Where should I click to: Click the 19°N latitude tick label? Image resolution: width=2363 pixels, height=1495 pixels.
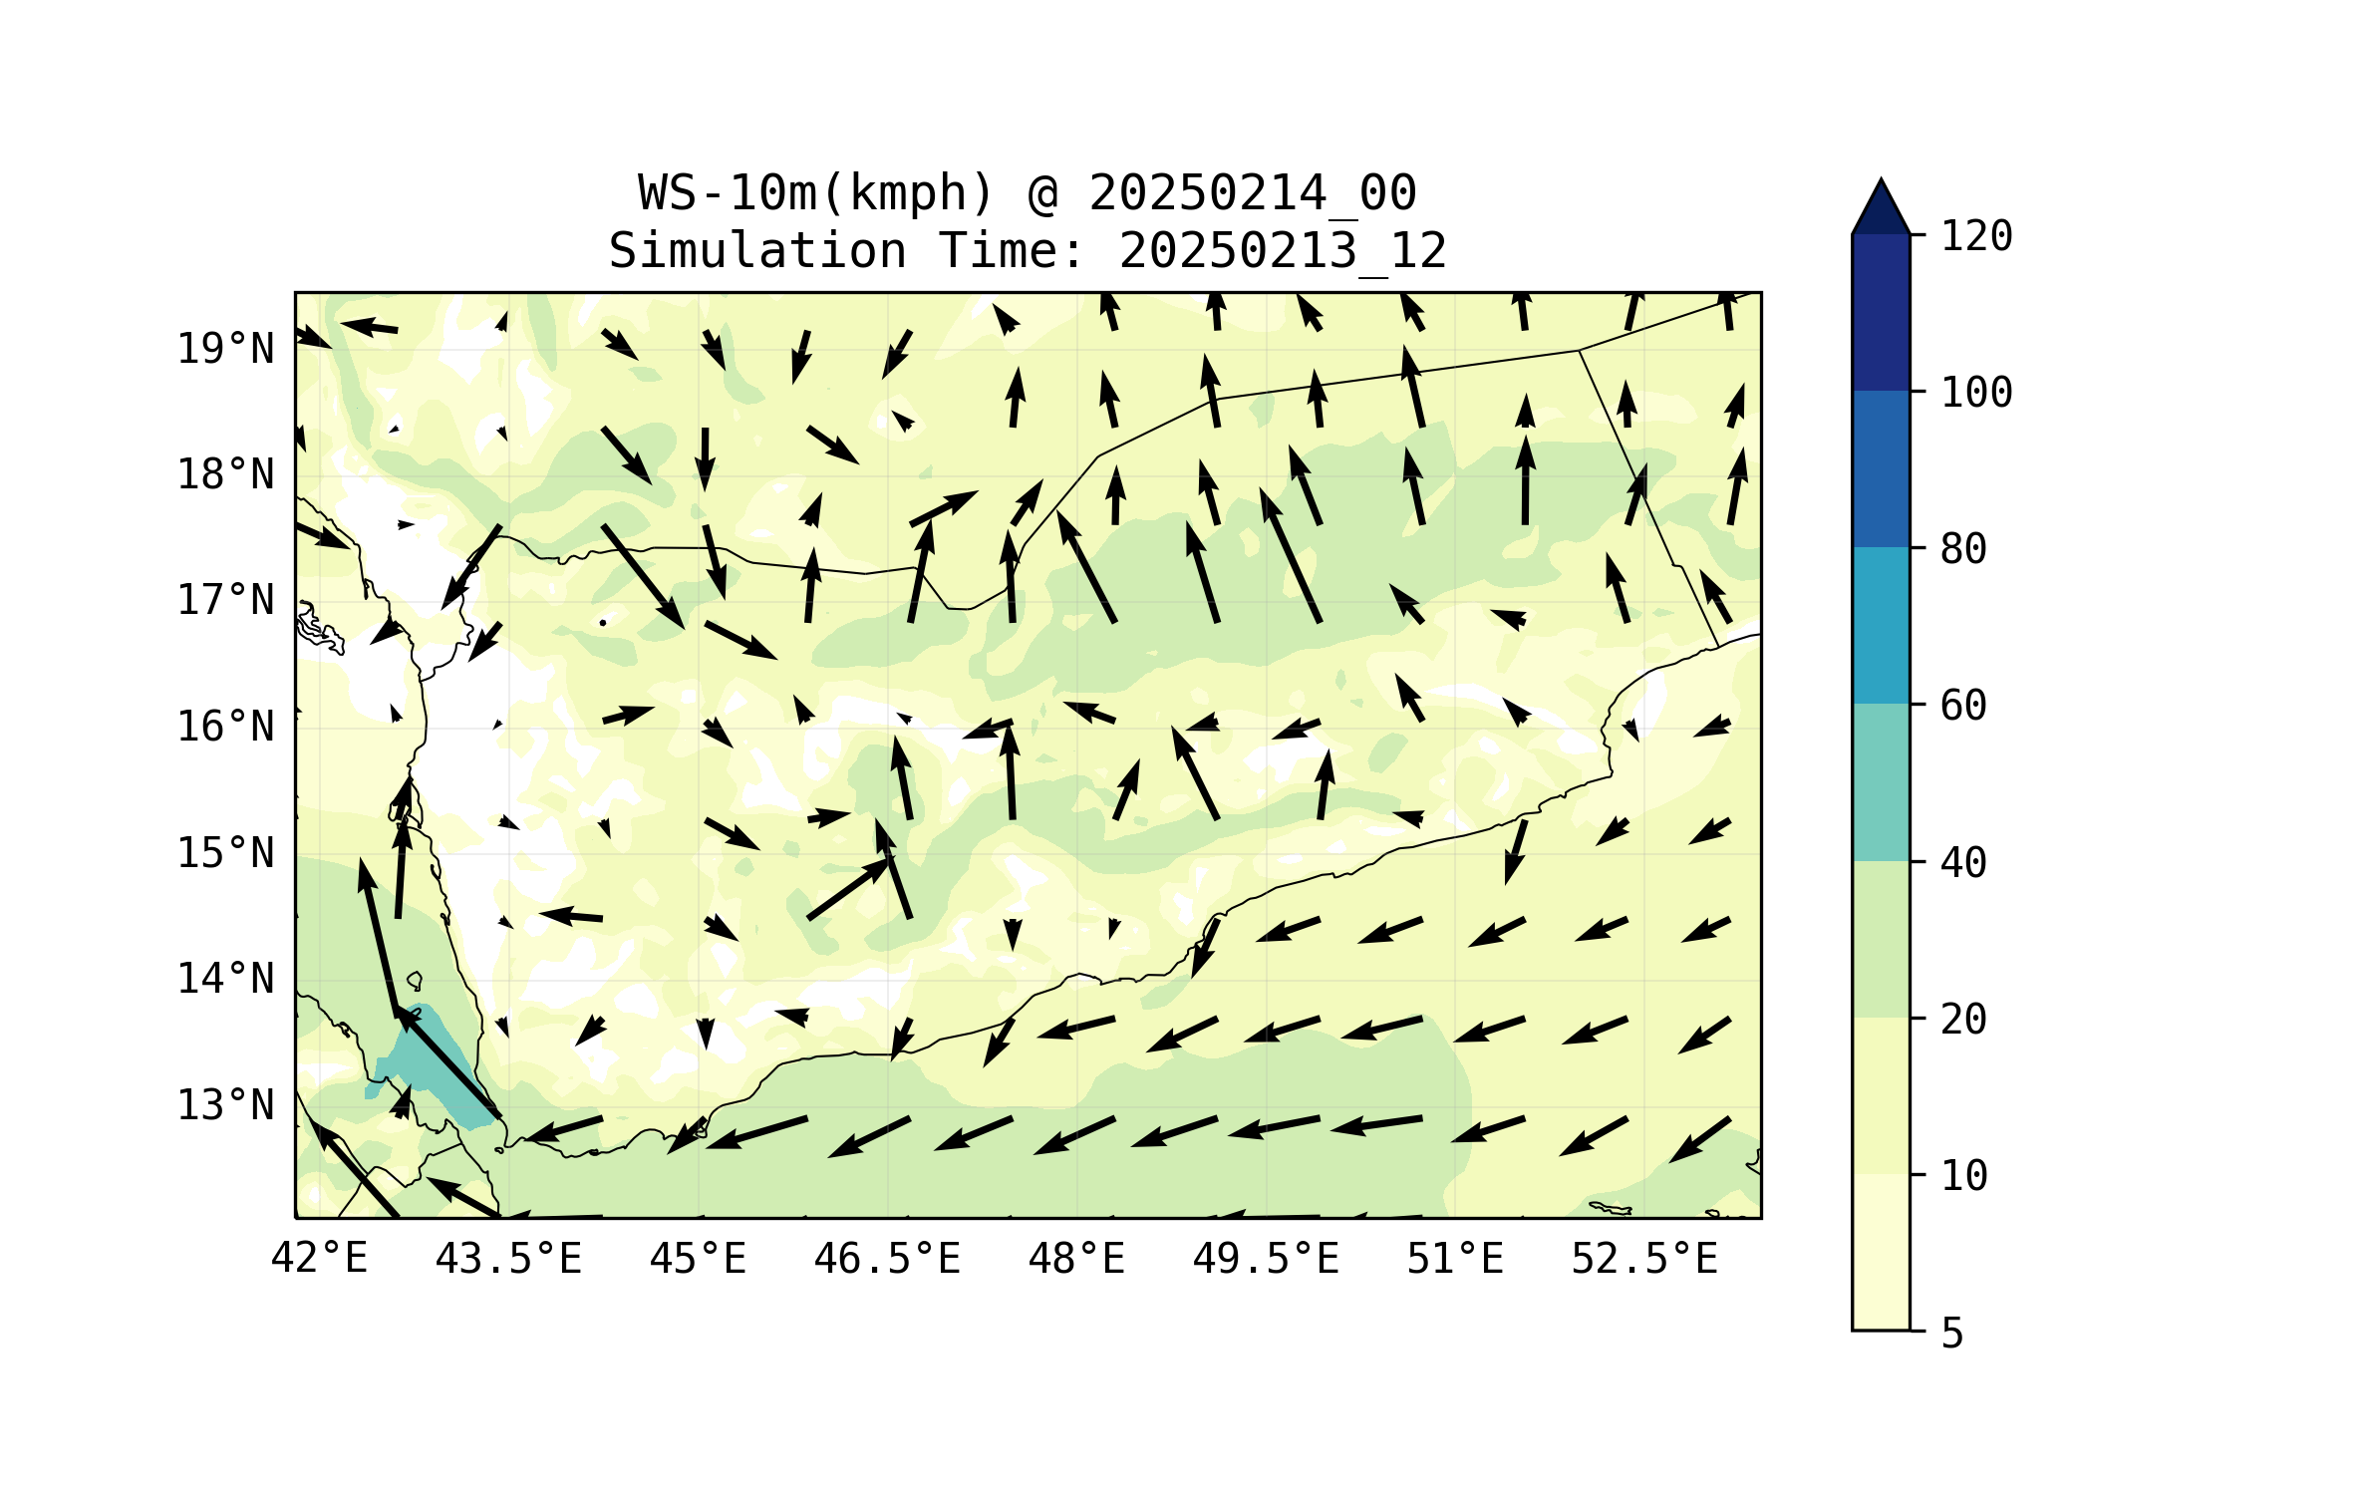point(225,349)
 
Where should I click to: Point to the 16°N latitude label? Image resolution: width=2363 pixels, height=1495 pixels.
point(225,727)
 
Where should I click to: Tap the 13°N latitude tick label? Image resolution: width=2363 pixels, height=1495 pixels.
point(225,1105)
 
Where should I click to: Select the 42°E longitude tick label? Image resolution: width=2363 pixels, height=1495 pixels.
point(319,1259)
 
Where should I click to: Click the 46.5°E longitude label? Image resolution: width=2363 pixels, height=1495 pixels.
point(887,1259)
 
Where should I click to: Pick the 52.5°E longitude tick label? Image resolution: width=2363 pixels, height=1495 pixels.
point(1644,1259)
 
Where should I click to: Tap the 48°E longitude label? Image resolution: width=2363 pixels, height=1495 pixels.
point(1076,1259)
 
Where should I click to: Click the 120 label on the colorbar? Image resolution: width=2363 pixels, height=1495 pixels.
point(1976,236)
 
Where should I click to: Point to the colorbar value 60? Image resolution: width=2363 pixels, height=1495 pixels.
point(1963,706)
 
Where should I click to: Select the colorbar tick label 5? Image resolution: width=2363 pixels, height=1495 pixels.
point(1952,1334)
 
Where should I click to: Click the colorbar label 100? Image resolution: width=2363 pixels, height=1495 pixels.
point(1976,393)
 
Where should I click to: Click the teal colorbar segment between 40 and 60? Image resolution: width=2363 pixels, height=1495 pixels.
point(1881,782)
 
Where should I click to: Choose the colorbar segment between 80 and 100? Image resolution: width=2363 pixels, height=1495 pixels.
point(1881,468)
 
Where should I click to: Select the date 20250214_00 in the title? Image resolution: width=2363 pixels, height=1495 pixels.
point(1252,192)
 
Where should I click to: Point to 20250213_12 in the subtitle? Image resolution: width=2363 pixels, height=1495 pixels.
point(1283,250)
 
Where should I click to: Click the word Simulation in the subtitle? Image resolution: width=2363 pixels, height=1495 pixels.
point(757,250)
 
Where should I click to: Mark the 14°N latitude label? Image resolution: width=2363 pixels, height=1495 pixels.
point(225,979)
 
